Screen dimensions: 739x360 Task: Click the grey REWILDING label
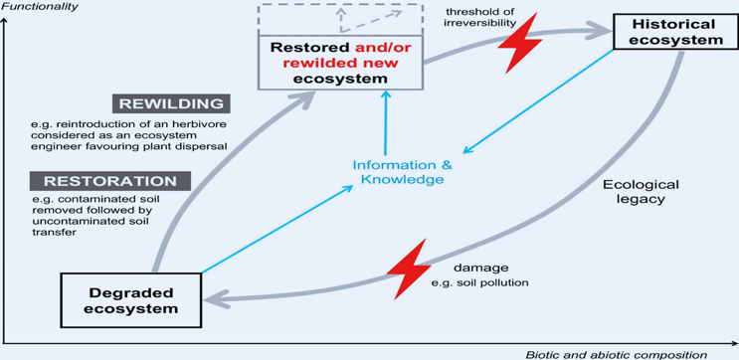[171, 103]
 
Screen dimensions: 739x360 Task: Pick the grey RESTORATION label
[110, 181]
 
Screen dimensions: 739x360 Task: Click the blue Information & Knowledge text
[403, 172]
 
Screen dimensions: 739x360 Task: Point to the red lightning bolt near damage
[409, 269]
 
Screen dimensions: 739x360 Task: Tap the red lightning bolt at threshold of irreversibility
[520, 43]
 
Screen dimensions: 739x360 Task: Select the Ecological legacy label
[641, 191]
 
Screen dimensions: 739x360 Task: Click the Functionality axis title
[39, 7]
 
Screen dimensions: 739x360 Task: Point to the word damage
[480, 269]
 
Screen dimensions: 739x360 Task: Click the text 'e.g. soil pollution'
[479, 283]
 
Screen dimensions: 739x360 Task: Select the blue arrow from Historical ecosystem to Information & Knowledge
[538, 101]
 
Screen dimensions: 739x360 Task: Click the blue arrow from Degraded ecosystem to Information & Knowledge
[277, 229]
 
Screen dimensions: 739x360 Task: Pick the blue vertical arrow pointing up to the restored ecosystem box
[386, 122]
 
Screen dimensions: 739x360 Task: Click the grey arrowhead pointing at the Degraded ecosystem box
[215, 298]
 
